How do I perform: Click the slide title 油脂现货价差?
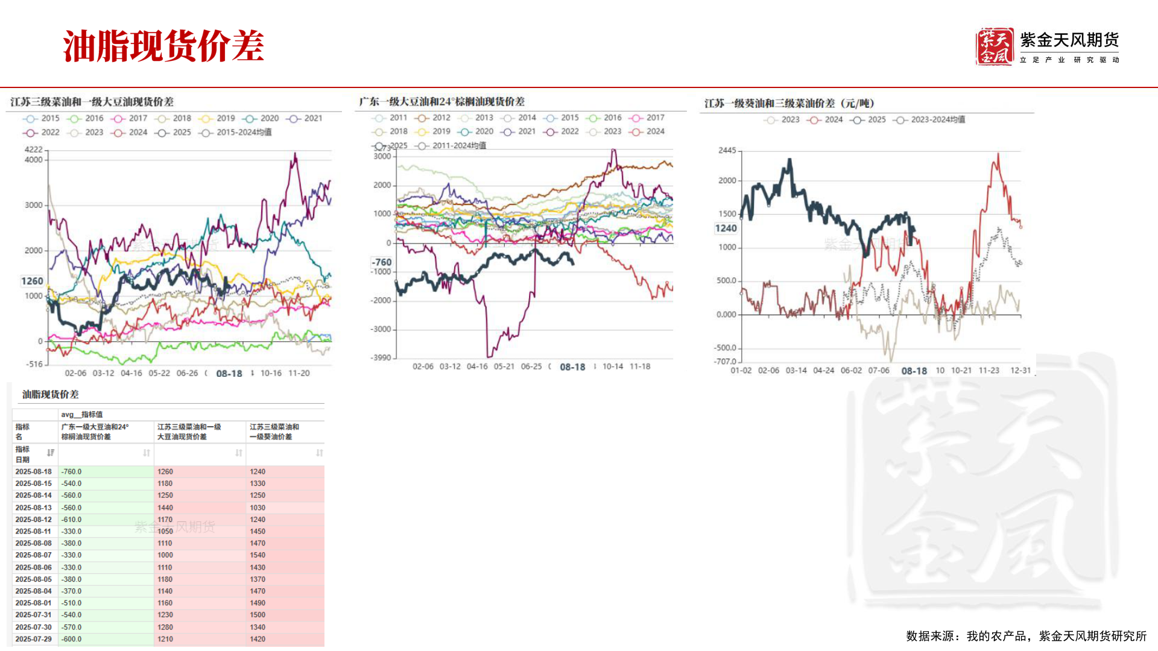[163, 46]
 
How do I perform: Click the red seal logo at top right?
[994, 46]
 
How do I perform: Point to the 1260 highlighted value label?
[32, 281]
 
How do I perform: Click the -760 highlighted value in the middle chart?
[381, 262]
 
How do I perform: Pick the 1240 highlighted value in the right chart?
[726, 228]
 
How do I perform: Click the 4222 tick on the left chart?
[33, 149]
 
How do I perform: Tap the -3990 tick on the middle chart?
[381, 357]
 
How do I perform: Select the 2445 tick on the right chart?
[727, 151]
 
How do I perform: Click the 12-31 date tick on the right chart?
[1020, 371]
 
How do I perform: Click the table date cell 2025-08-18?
[34, 472]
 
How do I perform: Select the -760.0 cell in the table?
[71, 472]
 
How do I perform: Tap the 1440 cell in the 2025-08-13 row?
[165, 508]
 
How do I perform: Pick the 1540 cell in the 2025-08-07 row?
[258, 555]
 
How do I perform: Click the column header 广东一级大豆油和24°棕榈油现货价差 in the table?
[95, 432]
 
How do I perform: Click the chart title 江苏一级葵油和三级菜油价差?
[789, 104]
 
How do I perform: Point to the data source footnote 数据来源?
[1026, 636]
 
